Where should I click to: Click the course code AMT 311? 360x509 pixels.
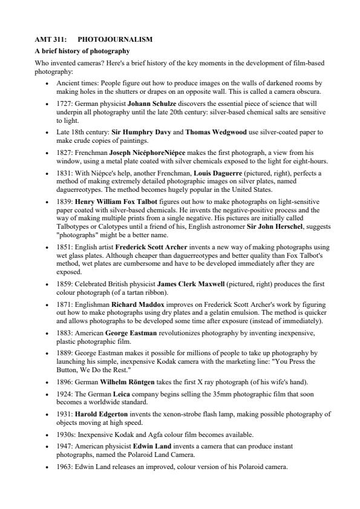pos(48,40)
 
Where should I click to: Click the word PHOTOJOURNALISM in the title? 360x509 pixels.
pos(115,40)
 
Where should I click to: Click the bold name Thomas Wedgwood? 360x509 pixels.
pos(216,132)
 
